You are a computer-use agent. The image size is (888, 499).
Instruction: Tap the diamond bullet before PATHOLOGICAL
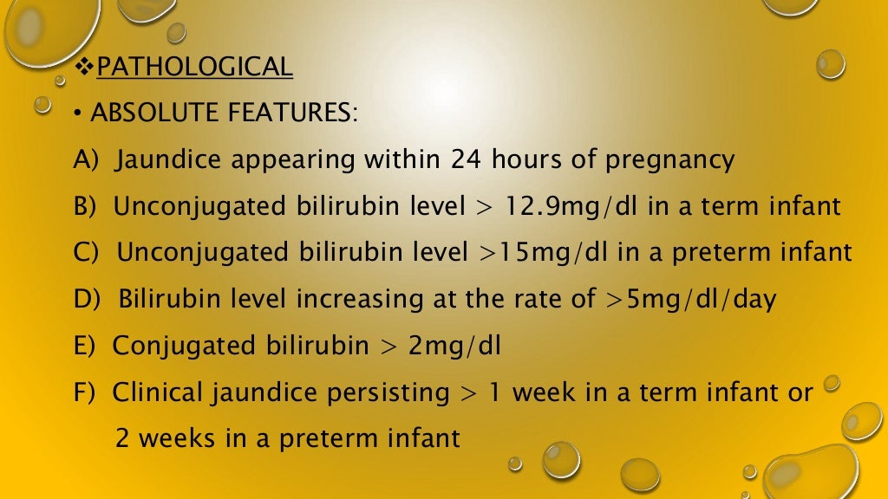[x=83, y=66]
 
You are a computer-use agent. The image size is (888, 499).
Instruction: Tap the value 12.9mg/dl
[x=570, y=206]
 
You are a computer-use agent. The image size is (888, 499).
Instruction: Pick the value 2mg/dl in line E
[x=455, y=346]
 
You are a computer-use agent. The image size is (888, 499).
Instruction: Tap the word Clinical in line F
[x=159, y=392]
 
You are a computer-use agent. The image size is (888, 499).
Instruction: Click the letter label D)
[x=89, y=300]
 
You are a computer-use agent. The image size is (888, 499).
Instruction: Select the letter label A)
[x=88, y=160]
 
